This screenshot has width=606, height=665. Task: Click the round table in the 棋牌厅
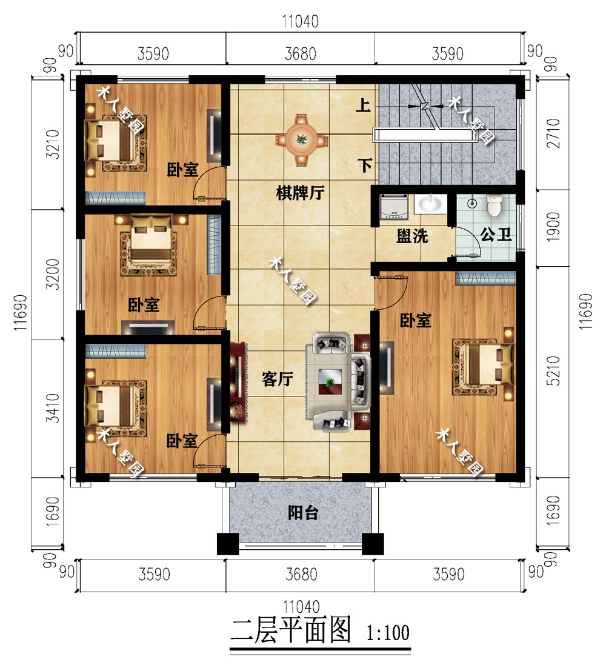[302, 139]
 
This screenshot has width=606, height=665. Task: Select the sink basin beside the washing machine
[430, 204]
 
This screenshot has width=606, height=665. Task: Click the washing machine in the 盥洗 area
[394, 207]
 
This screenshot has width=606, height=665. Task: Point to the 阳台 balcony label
[303, 513]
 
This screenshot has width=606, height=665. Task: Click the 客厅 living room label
[278, 379]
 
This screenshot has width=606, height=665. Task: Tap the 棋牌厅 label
[300, 193]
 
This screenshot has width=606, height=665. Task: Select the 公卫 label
[496, 233]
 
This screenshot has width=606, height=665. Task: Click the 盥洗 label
[412, 236]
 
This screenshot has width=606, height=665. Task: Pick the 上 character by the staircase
[363, 105]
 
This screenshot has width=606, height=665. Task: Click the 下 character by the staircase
[365, 165]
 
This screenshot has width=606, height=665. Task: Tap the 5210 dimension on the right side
[553, 370]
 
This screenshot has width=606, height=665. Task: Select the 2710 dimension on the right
[553, 133]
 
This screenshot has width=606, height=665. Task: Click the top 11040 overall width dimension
[300, 21]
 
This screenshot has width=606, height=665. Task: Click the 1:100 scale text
[388, 633]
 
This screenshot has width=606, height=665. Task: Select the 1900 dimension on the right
[553, 227]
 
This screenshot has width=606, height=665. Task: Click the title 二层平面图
[291, 630]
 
